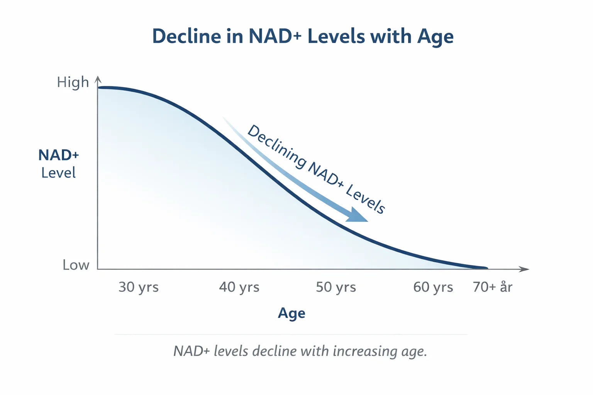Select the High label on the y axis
[73, 82]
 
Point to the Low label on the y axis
[76, 265]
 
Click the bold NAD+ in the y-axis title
[58, 155]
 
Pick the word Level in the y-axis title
[58, 173]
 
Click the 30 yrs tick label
[138, 287]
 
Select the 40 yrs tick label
[239, 287]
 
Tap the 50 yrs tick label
[336, 287]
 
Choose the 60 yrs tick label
[433, 287]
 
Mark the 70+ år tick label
[493, 287]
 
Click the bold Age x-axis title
[291, 313]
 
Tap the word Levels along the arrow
[365, 199]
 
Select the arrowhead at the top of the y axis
[98, 79]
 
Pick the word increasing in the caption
[365, 351]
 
